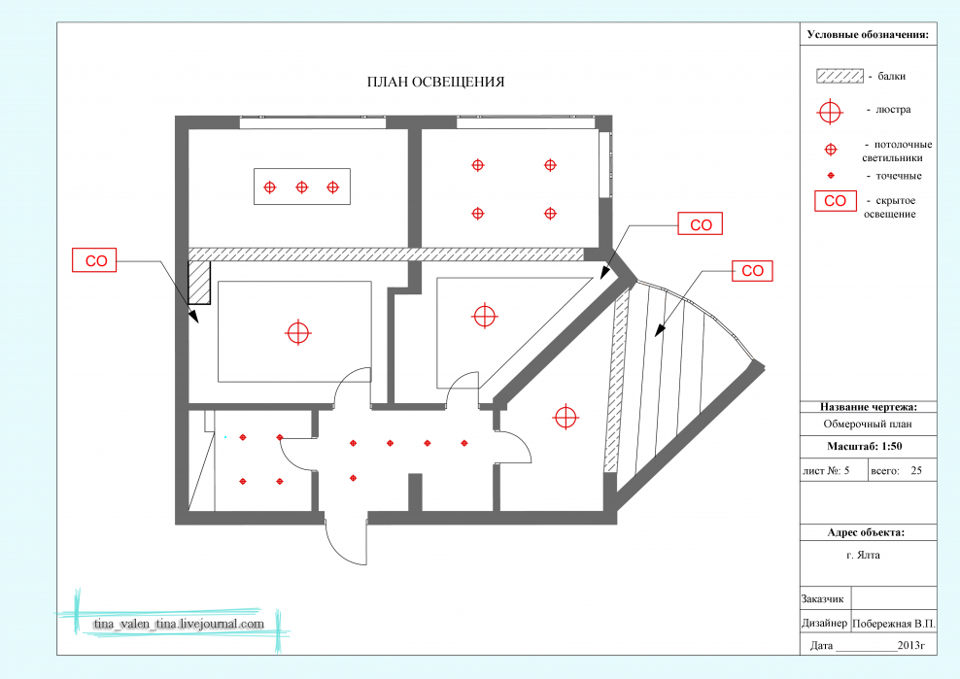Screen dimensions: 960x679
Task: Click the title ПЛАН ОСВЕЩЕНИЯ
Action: pyautogui.click(x=435, y=82)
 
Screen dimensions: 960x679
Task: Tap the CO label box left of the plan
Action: pyautogui.click(x=94, y=260)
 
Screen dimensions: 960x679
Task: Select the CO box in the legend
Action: pyautogui.click(x=835, y=201)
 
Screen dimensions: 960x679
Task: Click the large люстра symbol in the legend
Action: pyautogui.click(x=830, y=112)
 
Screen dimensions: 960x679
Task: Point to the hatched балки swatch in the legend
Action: pyautogui.click(x=840, y=76)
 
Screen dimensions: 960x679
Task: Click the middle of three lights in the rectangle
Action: pyautogui.click(x=302, y=187)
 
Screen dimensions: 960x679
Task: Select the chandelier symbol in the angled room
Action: pyautogui.click(x=484, y=316)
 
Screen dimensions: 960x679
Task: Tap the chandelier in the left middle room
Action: pyautogui.click(x=298, y=332)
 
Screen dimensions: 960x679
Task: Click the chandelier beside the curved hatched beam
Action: pyautogui.click(x=566, y=417)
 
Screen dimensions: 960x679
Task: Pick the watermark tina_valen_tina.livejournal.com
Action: pyautogui.click(x=179, y=624)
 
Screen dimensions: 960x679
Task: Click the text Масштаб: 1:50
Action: pyautogui.click(x=864, y=446)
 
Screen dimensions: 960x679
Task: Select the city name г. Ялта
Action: pyautogui.click(x=863, y=556)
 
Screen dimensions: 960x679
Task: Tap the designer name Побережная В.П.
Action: pyautogui.click(x=894, y=624)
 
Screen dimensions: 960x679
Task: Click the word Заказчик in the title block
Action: pyautogui.click(x=822, y=599)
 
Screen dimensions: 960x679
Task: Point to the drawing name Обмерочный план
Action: pyautogui.click(x=868, y=424)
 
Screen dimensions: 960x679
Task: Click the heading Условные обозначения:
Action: pyautogui.click(x=868, y=35)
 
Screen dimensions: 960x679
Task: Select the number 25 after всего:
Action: pyautogui.click(x=916, y=471)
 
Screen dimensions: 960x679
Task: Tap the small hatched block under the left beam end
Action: pyautogui.click(x=199, y=283)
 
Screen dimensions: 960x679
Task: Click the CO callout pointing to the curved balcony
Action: pyautogui.click(x=752, y=271)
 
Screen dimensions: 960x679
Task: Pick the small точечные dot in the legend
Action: pyautogui.click(x=831, y=176)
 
